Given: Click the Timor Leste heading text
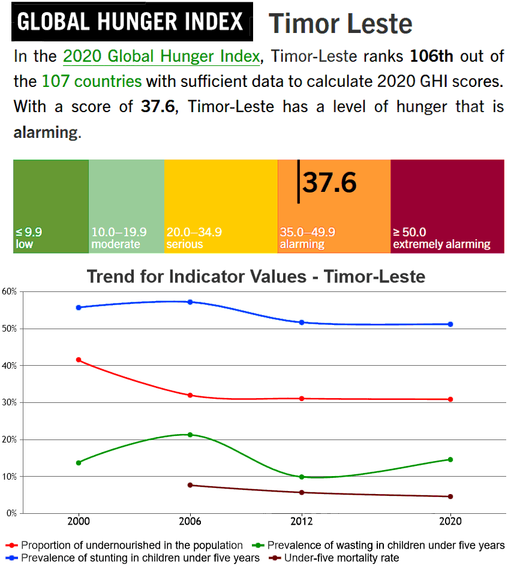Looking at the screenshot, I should [x=340, y=24].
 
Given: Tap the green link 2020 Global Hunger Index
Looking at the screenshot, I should [x=162, y=56].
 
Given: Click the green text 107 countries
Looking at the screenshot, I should [x=92, y=82].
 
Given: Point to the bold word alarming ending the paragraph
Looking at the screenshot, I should [x=45, y=132].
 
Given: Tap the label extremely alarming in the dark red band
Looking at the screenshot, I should [x=441, y=245].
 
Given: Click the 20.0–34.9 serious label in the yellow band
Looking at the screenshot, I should [x=194, y=238].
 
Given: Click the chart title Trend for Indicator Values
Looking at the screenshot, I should [x=256, y=276].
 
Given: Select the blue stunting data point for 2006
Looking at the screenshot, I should [x=190, y=302].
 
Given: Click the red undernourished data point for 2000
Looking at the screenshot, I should [x=79, y=360].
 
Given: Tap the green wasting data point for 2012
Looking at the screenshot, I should [x=302, y=477].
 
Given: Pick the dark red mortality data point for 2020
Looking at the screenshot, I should [x=450, y=496].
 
